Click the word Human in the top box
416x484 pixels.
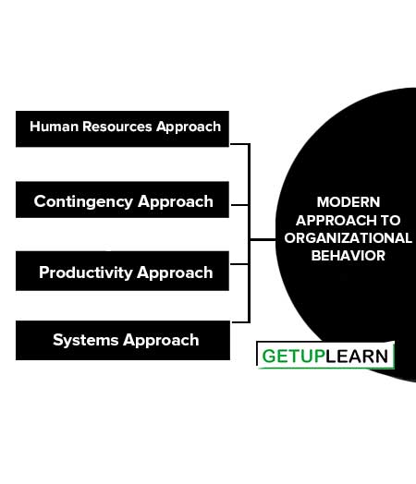54,127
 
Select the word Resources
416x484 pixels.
117,127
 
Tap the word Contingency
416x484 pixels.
83,202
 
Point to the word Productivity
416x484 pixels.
86,272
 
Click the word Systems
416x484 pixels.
86,341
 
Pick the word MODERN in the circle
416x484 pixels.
349,202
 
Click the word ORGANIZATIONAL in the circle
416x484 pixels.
349,238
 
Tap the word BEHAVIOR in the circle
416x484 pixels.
349,256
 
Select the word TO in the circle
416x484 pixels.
391,221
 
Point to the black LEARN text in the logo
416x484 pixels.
357,357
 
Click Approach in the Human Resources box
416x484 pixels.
189,127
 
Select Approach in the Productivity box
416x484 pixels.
175,273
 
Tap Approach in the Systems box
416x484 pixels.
161,341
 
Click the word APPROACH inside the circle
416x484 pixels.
336,221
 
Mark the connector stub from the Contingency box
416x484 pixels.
239,205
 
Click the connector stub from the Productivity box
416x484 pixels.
239,264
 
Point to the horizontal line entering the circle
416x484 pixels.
263,239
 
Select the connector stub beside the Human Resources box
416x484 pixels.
239,144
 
